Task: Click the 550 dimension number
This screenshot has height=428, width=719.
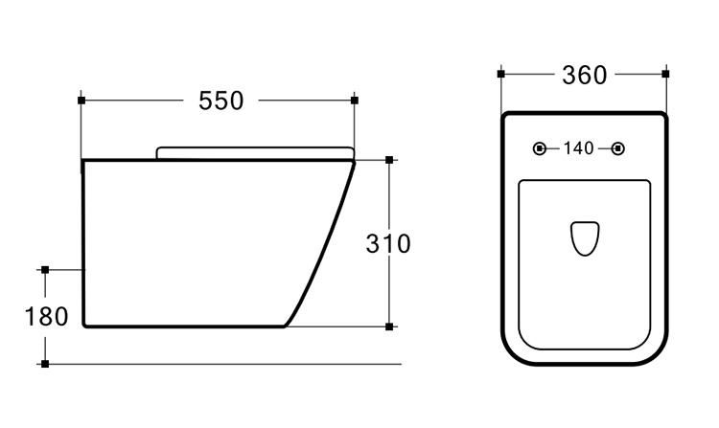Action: (x=221, y=101)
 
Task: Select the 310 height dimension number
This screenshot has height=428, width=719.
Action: (x=388, y=243)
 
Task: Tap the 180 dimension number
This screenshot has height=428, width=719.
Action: (x=46, y=316)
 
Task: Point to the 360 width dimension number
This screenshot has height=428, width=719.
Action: (x=584, y=75)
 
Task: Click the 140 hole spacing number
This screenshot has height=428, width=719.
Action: (x=579, y=148)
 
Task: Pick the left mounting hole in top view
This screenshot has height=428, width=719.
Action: (x=540, y=148)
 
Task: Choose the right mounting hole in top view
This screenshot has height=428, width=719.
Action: (x=618, y=148)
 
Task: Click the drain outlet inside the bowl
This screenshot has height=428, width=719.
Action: (x=585, y=238)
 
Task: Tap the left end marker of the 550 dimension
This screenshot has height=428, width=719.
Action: (x=81, y=101)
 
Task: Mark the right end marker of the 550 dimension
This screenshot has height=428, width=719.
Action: (x=354, y=101)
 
